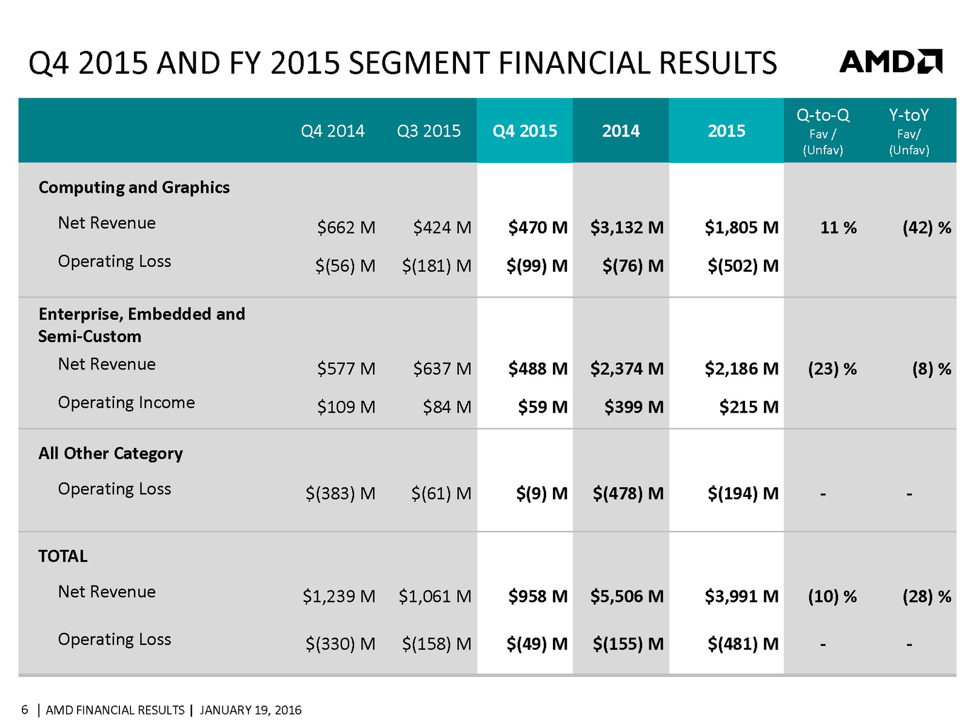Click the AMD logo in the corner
[890, 62]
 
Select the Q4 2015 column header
[524, 131]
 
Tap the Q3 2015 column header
[429, 131]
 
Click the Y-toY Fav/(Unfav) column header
[909, 132]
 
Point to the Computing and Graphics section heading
[134, 187]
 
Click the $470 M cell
[538, 227]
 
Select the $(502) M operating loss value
[743, 266]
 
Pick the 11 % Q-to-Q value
[838, 227]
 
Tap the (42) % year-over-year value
[926, 227]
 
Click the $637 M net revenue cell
[442, 369]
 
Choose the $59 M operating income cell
[542, 407]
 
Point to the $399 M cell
[634, 407]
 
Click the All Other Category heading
[110, 454]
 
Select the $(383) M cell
[340, 494]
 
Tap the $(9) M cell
[541, 494]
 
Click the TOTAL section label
[63, 556]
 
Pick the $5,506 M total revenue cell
[627, 596]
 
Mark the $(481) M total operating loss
[743, 644]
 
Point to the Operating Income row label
[126, 403]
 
